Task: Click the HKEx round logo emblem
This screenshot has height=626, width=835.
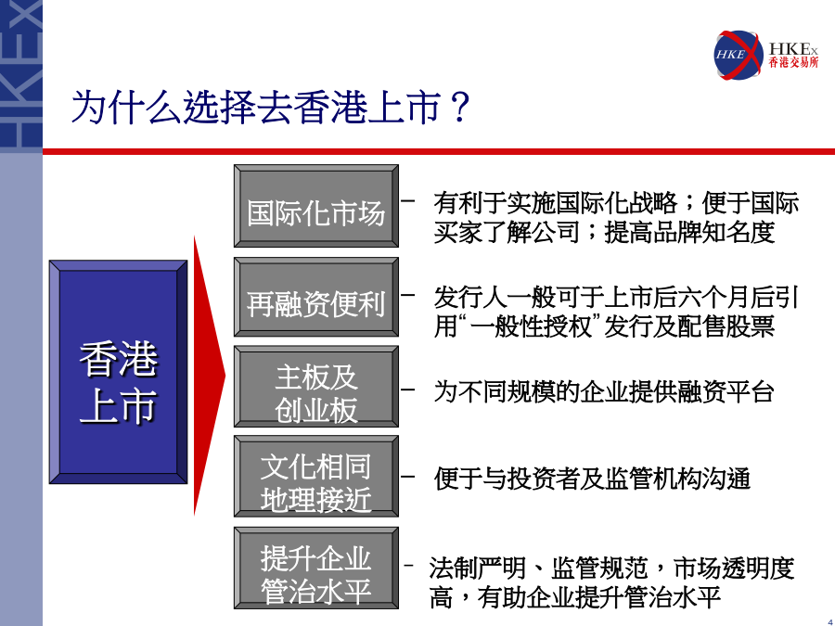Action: [x=739, y=55]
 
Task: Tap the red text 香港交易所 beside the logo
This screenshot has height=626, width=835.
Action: [x=793, y=63]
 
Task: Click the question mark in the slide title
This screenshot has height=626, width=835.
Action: [x=458, y=107]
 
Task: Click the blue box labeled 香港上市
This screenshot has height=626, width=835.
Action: [x=118, y=372]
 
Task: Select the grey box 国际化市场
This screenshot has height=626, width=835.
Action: [x=316, y=206]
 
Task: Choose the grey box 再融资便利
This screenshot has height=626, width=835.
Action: [x=316, y=297]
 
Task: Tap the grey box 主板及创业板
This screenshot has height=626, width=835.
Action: [x=316, y=387]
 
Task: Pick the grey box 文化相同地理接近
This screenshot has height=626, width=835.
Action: [x=316, y=477]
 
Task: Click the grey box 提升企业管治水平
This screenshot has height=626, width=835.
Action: [x=316, y=568]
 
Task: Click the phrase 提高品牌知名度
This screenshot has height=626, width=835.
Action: [x=689, y=232]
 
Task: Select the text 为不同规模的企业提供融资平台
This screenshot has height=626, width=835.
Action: [x=604, y=391]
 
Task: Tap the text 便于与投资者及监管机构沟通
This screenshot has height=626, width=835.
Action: [x=592, y=479]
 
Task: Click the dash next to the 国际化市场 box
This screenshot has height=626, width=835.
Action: [x=408, y=200]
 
